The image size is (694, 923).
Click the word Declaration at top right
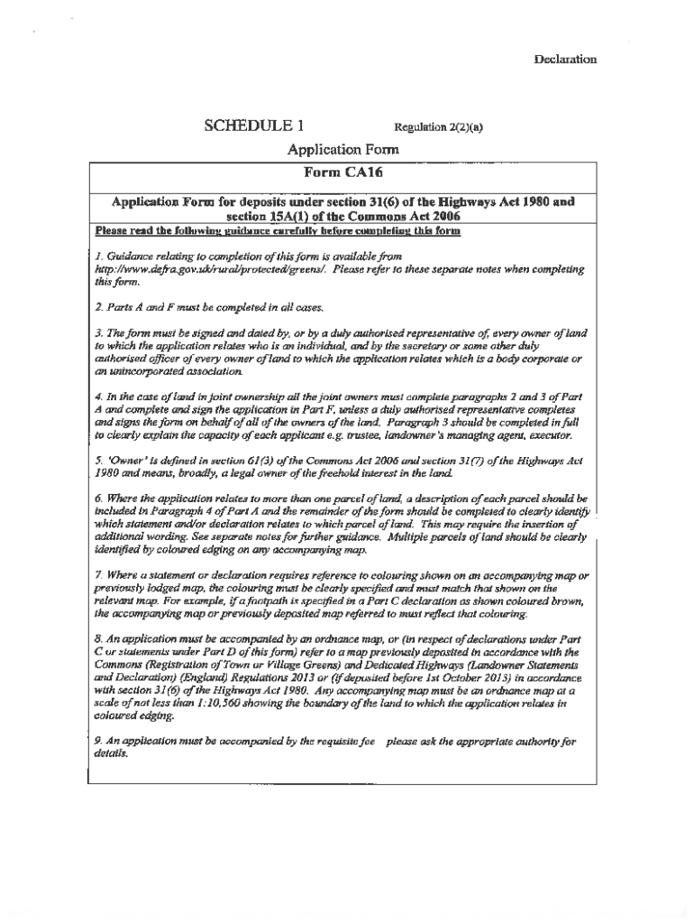[565, 59]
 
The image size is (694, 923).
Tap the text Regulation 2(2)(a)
[438, 127]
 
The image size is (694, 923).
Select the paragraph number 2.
[97, 306]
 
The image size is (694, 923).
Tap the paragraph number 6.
[97, 498]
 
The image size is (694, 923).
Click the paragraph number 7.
[97, 575]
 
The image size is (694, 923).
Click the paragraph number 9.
[97, 742]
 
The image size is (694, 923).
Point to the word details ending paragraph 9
[112, 754]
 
